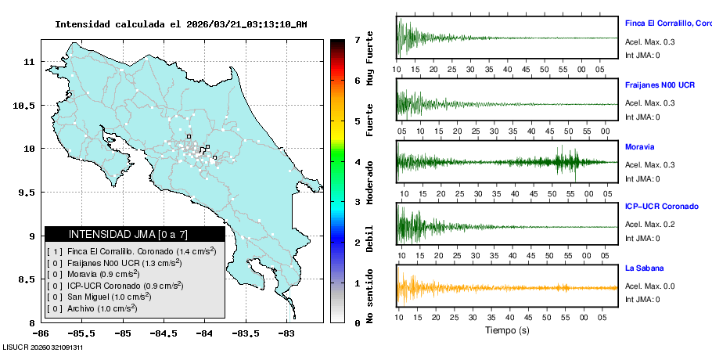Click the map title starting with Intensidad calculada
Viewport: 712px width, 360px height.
(x=181, y=24)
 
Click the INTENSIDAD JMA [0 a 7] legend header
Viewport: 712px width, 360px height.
(x=135, y=234)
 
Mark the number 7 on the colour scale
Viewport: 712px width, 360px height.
(x=357, y=40)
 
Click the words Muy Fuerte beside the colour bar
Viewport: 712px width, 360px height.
(x=370, y=57)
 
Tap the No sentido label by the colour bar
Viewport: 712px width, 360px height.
(x=370, y=298)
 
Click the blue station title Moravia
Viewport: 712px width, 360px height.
(x=639, y=146)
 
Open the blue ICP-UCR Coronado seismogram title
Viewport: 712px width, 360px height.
(x=661, y=206)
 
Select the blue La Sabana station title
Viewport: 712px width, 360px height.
(x=645, y=268)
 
